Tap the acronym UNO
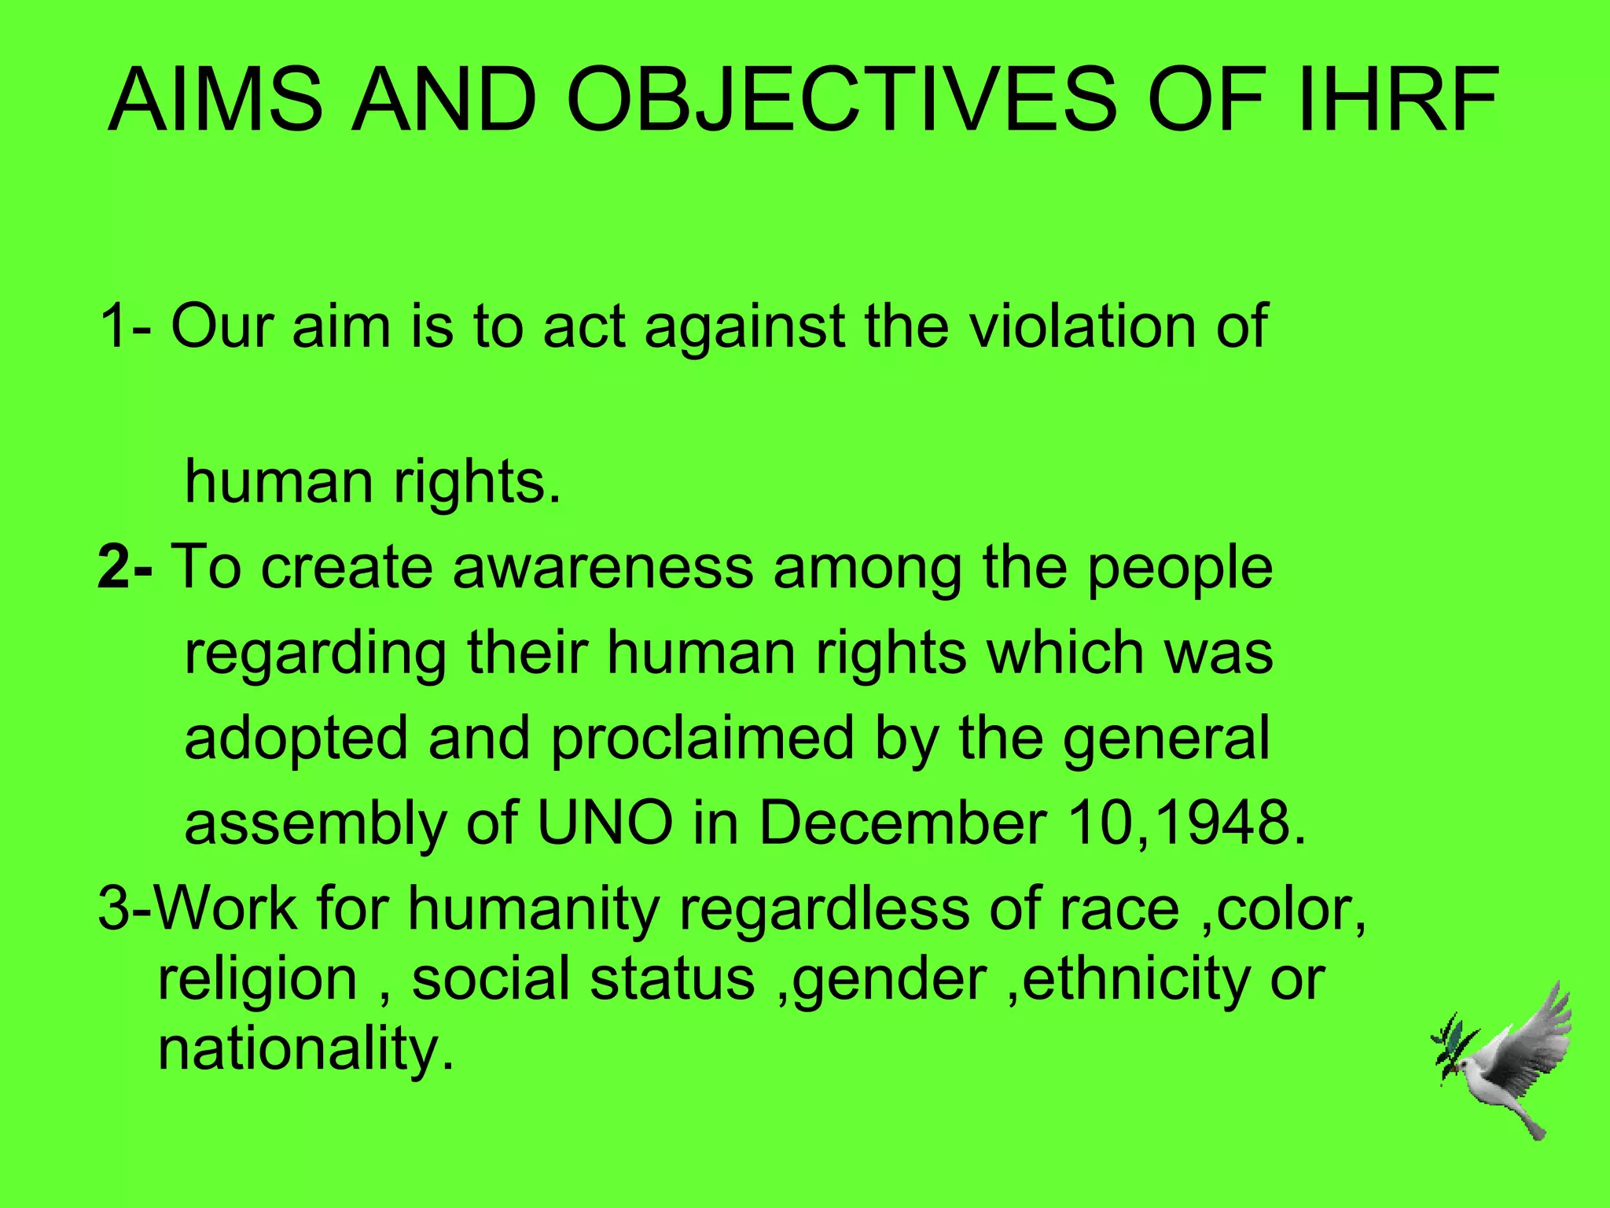point(605,823)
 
